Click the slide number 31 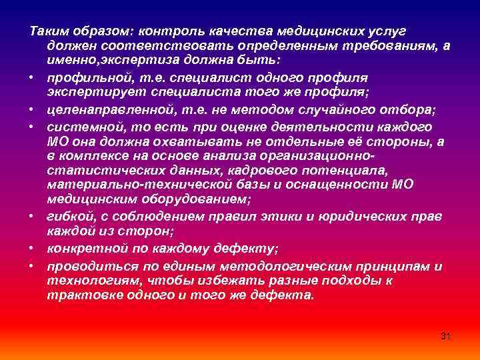(446, 335)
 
